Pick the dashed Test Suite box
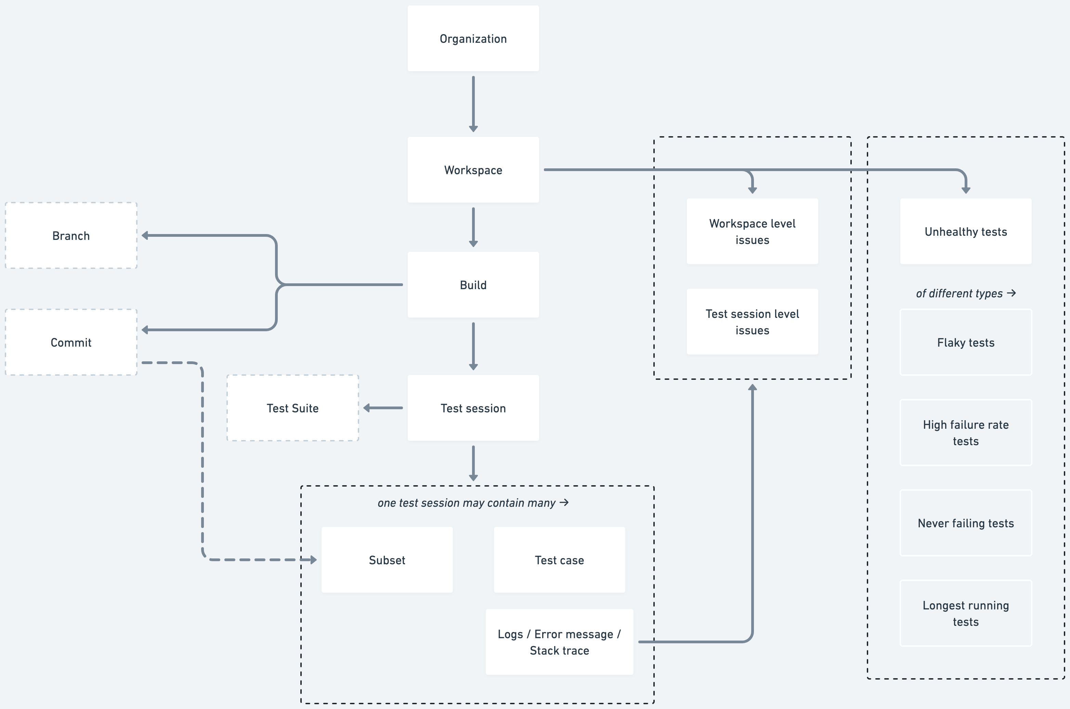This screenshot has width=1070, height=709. tap(292, 408)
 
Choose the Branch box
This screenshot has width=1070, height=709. tap(71, 235)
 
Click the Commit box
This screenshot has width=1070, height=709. tap(71, 342)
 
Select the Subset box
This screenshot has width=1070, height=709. tap(387, 560)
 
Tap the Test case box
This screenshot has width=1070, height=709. tap(559, 560)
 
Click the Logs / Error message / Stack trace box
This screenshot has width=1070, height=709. tap(559, 642)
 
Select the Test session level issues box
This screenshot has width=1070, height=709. tap(752, 322)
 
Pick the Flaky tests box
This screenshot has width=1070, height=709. tap(966, 342)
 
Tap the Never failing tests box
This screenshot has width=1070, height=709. tap(966, 523)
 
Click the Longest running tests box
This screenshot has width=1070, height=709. tap(966, 613)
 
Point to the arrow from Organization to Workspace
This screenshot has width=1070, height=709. tap(473, 104)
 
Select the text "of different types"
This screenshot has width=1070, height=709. tap(959, 294)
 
